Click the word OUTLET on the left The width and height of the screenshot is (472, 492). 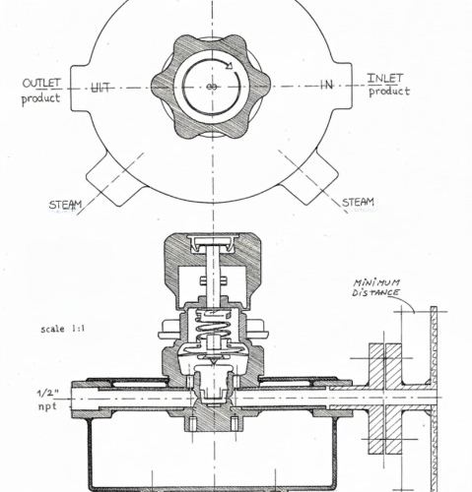[41, 83]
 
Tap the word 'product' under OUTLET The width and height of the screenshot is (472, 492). [41, 98]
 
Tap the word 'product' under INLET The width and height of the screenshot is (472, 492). [389, 92]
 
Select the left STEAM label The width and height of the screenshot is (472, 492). [66, 205]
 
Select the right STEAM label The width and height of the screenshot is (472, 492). [358, 203]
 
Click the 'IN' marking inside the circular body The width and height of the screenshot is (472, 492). [326, 87]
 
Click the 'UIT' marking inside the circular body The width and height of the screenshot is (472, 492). [101, 88]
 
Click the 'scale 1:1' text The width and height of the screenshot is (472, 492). [62, 330]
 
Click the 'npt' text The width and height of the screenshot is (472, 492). [46, 405]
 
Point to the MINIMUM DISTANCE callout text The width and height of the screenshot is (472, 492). [376, 286]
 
